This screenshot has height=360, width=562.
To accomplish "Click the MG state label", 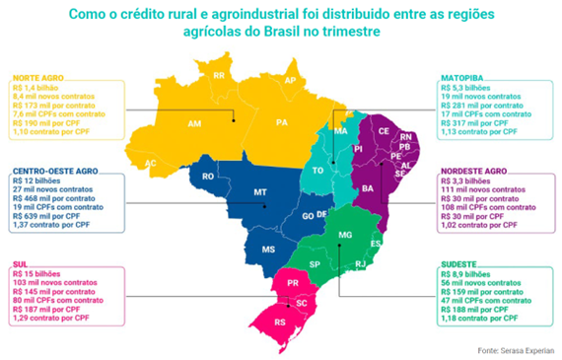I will tap(344, 234).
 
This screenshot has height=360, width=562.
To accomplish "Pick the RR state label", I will tap(218, 76).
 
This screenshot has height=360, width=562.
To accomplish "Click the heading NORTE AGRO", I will tap(38, 76).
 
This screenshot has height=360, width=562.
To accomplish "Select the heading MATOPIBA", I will tap(460, 76).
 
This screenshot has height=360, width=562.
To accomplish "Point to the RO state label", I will tap(207, 177).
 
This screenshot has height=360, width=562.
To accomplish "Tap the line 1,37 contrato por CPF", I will tap(50, 227).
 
